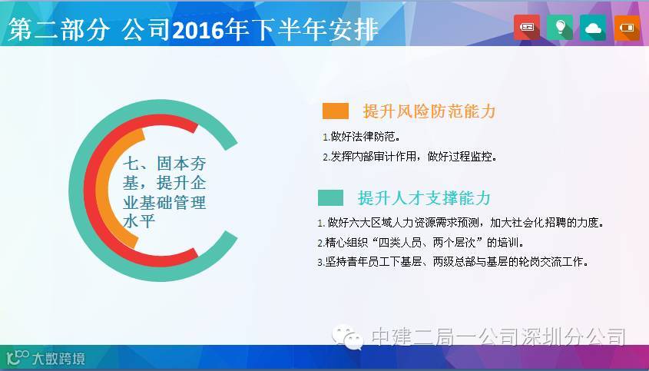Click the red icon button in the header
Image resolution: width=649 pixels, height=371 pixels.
(x=526, y=28)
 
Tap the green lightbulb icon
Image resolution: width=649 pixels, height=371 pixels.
(x=560, y=28)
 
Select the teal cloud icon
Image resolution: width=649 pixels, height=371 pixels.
(x=593, y=28)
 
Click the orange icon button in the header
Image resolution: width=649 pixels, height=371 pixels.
(x=627, y=28)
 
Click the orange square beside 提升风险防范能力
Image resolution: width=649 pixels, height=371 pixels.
(x=336, y=111)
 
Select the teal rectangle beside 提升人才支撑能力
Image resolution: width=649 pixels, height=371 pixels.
(x=330, y=197)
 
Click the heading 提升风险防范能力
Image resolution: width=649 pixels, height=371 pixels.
(x=429, y=111)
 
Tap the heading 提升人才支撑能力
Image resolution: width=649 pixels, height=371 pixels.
(x=424, y=198)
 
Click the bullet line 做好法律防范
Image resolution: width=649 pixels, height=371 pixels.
(x=362, y=136)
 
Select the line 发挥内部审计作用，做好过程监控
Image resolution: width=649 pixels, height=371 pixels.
(x=410, y=157)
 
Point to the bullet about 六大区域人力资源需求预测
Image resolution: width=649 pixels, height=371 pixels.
(x=461, y=223)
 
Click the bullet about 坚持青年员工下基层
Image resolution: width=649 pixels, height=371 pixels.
(x=453, y=262)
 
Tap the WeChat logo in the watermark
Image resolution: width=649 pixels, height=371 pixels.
(x=347, y=337)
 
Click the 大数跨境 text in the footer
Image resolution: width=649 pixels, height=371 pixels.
(x=58, y=359)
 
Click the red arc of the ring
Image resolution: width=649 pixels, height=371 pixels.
(x=89, y=190)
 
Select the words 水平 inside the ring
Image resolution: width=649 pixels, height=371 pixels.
(x=139, y=221)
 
